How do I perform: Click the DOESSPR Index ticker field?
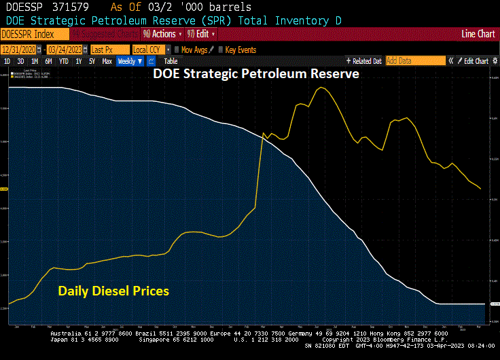[x=35, y=33]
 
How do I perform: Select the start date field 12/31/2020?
[x=22, y=50]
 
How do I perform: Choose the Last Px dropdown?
[x=109, y=50]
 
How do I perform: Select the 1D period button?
[x=7, y=61]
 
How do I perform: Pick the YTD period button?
[x=63, y=61]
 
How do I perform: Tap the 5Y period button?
[x=92, y=61]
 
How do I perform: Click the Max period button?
[x=107, y=61]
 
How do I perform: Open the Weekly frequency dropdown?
[x=130, y=61]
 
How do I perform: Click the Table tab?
[x=171, y=61]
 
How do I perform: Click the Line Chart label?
[x=478, y=33]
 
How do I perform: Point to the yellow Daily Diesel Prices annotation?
[x=113, y=291]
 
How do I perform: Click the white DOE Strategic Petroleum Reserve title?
[x=256, y=74]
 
